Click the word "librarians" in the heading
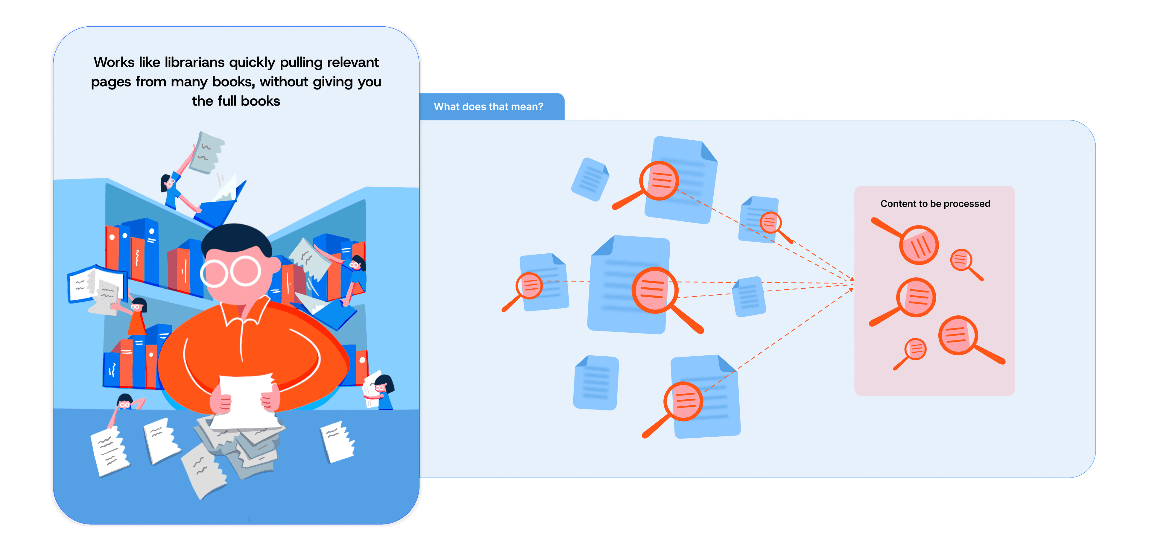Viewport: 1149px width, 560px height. click(194, 63)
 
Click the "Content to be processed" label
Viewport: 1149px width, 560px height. click(935, 204)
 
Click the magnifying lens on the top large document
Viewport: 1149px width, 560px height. click(659, 181)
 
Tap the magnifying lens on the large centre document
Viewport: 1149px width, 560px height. click(654, 290)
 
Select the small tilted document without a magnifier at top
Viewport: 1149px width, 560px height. click(590, 179)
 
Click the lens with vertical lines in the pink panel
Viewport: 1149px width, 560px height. click(919, 245)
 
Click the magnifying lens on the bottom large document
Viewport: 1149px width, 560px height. click(683, 401)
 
